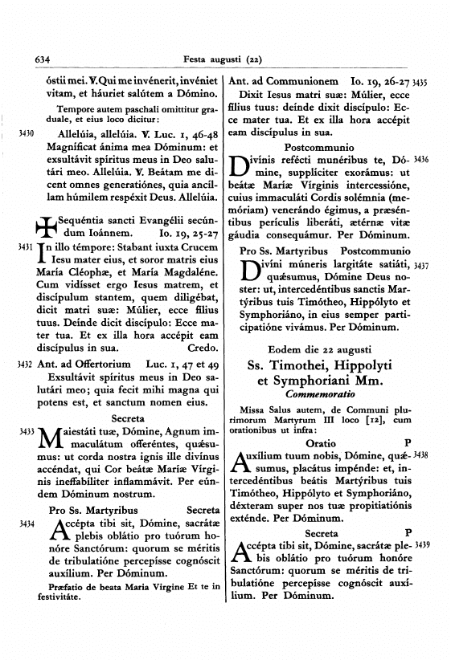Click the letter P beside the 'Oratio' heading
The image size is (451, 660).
(x=408, y=442)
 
